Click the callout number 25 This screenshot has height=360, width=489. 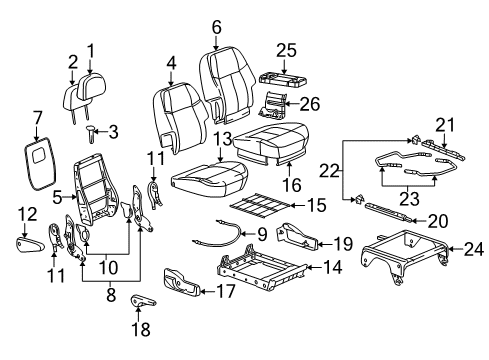point(286,51)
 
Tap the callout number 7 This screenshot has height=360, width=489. point(38,119)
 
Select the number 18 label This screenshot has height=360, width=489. point(141,330)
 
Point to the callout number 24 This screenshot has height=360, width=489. point(474,249)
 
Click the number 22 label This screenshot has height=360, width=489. point(329,171)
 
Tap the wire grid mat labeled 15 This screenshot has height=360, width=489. point(260,205)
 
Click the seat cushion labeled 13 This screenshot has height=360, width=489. point(208,177)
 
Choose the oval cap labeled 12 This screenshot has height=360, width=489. point(30,245)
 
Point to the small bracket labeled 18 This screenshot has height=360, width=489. point(142,300)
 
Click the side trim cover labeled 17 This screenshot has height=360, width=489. point(182,282)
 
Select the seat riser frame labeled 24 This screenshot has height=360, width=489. point(405,255)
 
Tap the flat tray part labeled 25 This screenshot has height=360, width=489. point(283,82)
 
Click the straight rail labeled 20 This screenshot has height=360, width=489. point(388,211)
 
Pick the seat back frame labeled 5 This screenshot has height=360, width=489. point(96,188)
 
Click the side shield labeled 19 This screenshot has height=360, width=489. point(297,236)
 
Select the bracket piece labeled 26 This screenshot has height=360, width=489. point(273,105)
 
